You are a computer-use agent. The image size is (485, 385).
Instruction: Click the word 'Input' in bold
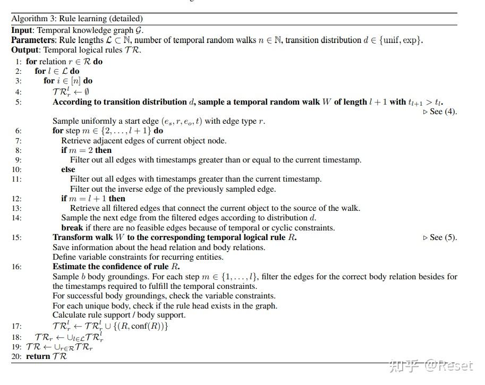pos(22,30)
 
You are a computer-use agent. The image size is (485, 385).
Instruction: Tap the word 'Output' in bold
pos(24,50)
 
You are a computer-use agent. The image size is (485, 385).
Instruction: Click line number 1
pos(18,62)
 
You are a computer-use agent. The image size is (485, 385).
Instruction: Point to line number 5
pos(18,102)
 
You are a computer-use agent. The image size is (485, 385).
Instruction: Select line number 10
pos(16,169)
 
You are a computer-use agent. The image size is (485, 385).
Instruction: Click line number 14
pos(16,218)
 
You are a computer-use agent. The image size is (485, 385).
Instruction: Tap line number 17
pos(16,326)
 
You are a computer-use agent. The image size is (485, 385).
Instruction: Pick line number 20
pos(16,356)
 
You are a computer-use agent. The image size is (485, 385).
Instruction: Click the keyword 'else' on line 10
pos(68,169)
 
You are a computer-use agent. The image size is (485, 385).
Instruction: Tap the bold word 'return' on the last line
pos(38,356)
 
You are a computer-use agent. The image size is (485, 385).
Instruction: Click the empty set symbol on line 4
pos(86,92)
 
